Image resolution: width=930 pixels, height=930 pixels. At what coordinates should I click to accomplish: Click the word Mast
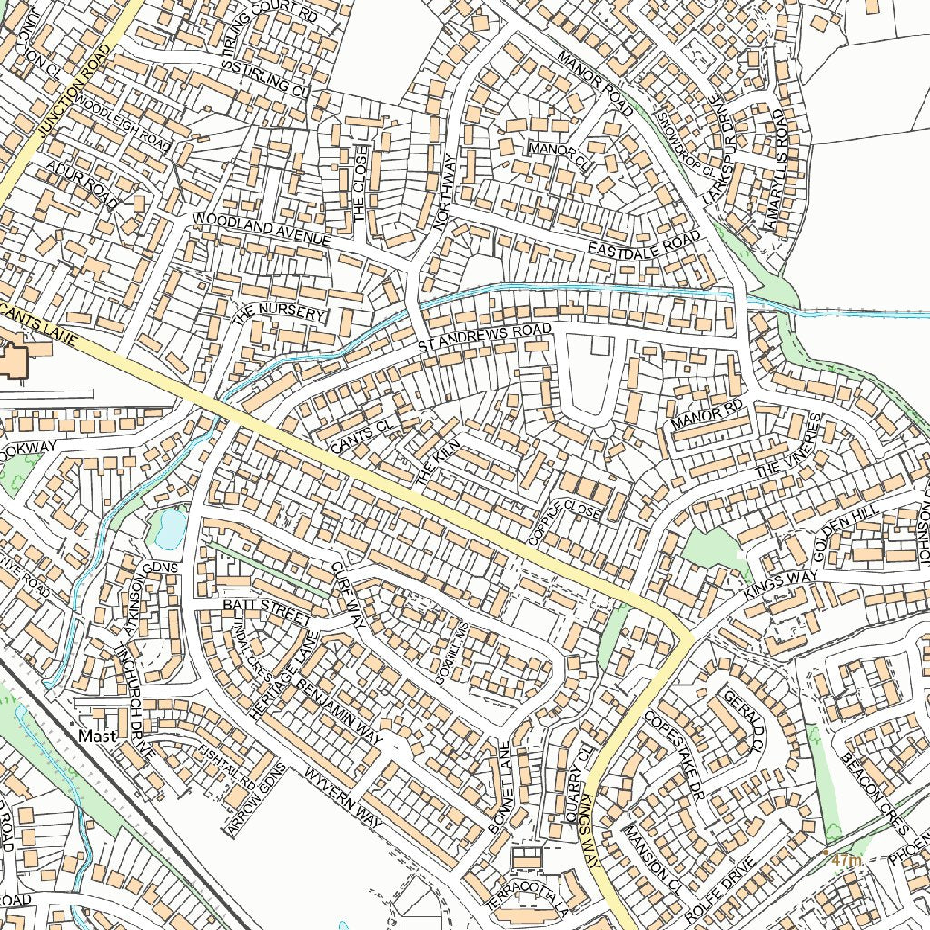[97, 736]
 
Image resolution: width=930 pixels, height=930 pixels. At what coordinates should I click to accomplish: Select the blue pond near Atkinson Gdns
[170, 529]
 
